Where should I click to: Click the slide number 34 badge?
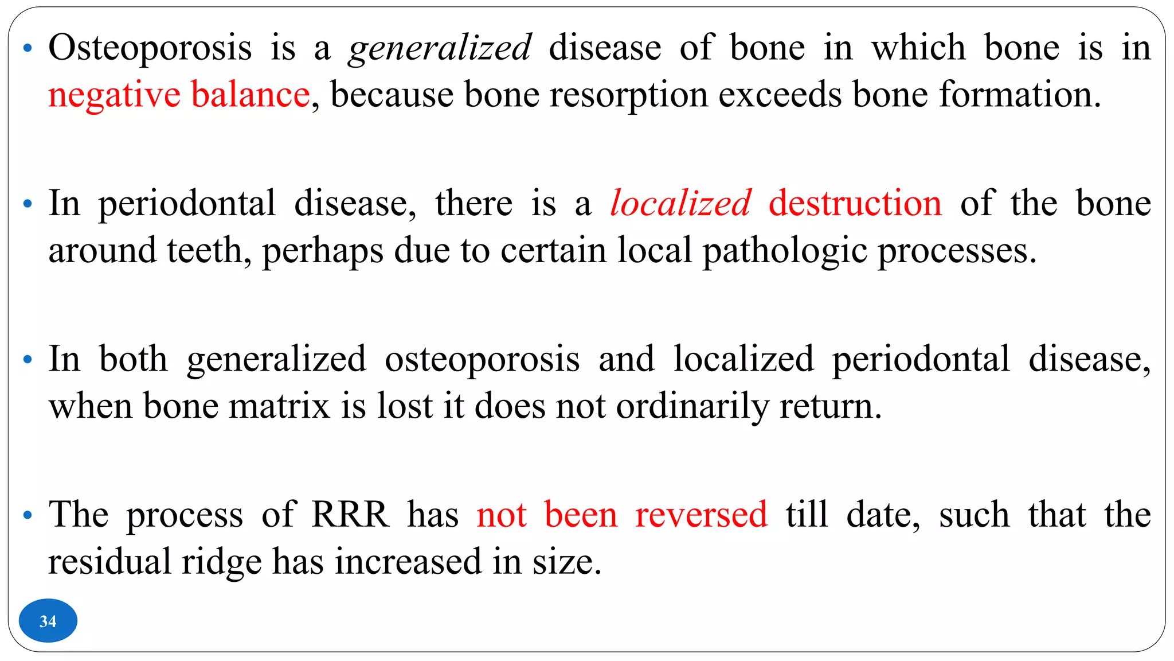(x=48, y=621)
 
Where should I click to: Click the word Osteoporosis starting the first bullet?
(x=150, y=48)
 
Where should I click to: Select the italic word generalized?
(x=440, y=48)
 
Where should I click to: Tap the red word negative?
(x=114, y=95)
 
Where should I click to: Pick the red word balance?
(x=251, y=95)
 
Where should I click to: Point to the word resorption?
(x=629, y=95)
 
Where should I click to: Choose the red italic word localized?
(x=680, y=203)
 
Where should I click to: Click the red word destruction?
(x=855, y=203)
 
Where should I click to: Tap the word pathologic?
(x=785, y=251)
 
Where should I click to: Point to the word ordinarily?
(x=692, y=406)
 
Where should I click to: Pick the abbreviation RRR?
(x=350, y=515)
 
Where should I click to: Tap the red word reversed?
(x=701, y=515)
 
